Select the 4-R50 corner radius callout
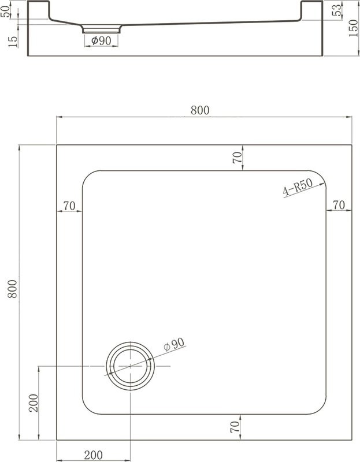[297, 189]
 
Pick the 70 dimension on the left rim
[69, 205]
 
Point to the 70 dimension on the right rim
[339, 205]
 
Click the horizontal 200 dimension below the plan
[94, 454]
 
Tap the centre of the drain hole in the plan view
[131, 366]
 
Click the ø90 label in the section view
[101, 40]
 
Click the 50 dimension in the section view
[6, 12]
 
